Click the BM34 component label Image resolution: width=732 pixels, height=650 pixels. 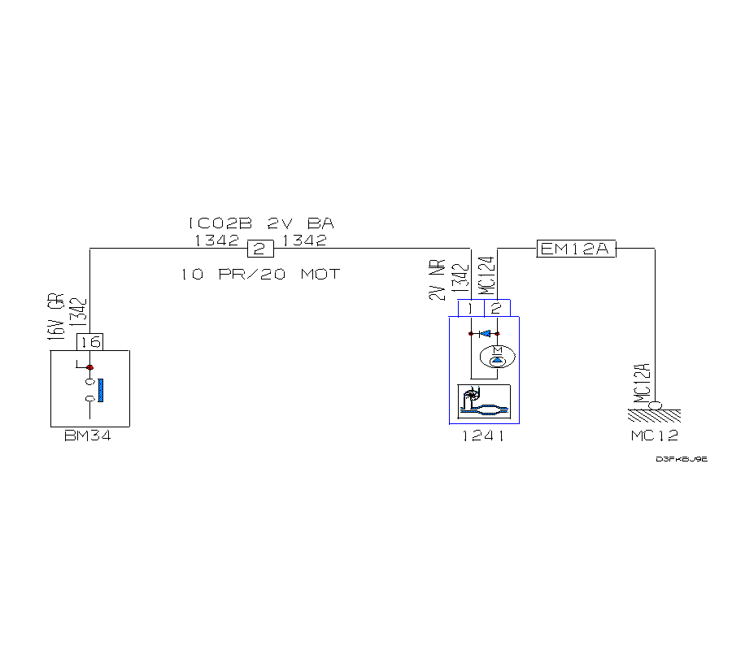coord(87,436)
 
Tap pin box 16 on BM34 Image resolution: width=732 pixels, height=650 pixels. coord(89,342)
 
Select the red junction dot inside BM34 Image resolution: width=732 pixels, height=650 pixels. coord(89,367)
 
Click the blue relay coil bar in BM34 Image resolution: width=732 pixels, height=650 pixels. coord(101,388)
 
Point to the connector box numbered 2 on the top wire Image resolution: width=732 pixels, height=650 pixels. coord(259,249)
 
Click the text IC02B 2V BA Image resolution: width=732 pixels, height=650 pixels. coord(260,223)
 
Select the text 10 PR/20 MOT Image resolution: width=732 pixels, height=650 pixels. coord(260,274)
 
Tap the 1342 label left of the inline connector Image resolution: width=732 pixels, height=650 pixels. coord(216,240)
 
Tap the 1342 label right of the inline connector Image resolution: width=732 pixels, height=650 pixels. coord(303,240)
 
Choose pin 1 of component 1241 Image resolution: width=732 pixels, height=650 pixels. coord(471,308)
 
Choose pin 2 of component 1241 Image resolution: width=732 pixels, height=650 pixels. coord(496,308)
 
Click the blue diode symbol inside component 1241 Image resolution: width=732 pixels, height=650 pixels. coord(486,333)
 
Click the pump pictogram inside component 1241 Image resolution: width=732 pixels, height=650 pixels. coord(484,401)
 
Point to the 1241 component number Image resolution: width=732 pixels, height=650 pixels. coord(483,436)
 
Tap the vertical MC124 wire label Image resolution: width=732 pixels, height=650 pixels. coord(486,276)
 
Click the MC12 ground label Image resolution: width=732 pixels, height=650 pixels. coord(654,436)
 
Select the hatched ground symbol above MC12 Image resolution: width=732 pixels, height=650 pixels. coord(654,414)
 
